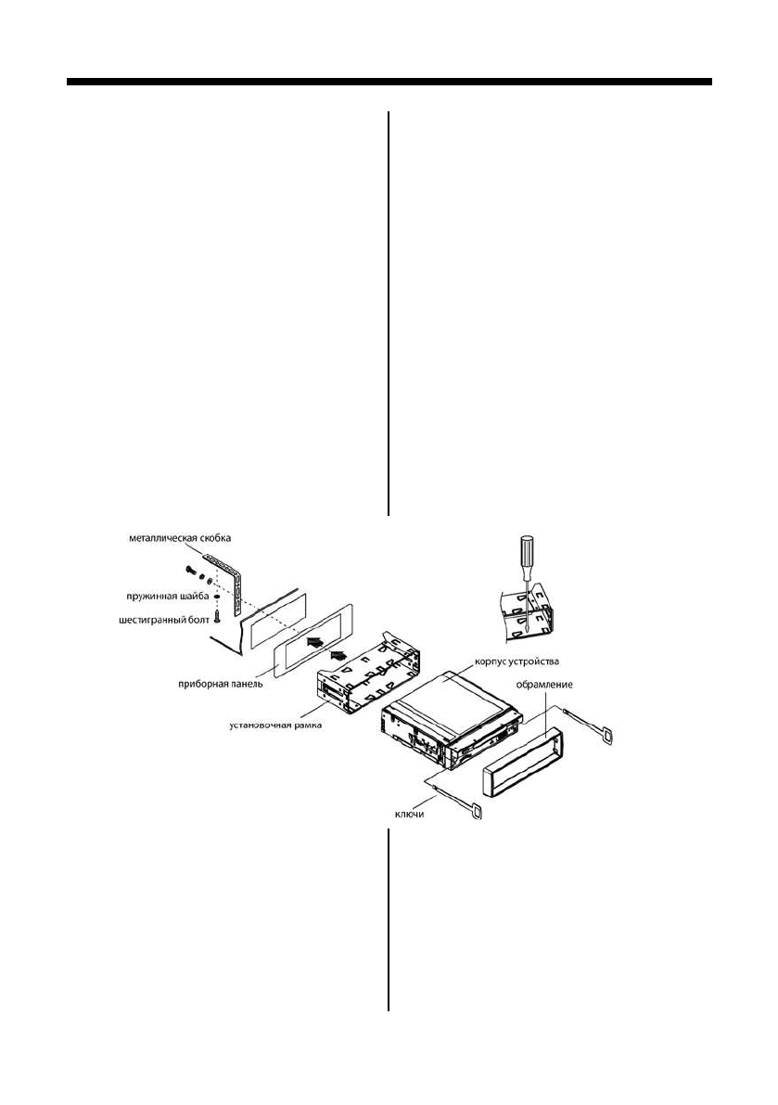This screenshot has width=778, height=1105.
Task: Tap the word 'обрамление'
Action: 543,685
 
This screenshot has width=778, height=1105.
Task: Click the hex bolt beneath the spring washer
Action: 215,613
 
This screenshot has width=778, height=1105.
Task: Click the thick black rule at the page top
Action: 389,83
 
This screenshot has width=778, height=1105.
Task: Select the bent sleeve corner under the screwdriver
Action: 524,612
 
